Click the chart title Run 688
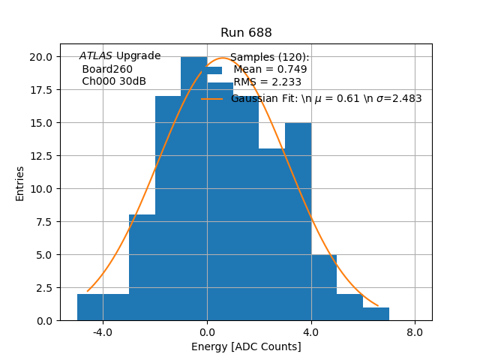click(246, 33)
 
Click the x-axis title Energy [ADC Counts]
click(246, 346)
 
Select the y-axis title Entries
click(20, 183)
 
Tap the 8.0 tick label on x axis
click(415, 331)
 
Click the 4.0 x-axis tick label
click(311, 331)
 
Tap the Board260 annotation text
click(107, 69)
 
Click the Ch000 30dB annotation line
click(114, 81)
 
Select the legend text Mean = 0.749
click(270, 70)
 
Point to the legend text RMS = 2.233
click(268, 82)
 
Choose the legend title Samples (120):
click(269, 58)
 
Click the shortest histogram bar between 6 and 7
click(376, 314)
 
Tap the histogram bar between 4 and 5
click(324, 288)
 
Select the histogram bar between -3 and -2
click(142, 268)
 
